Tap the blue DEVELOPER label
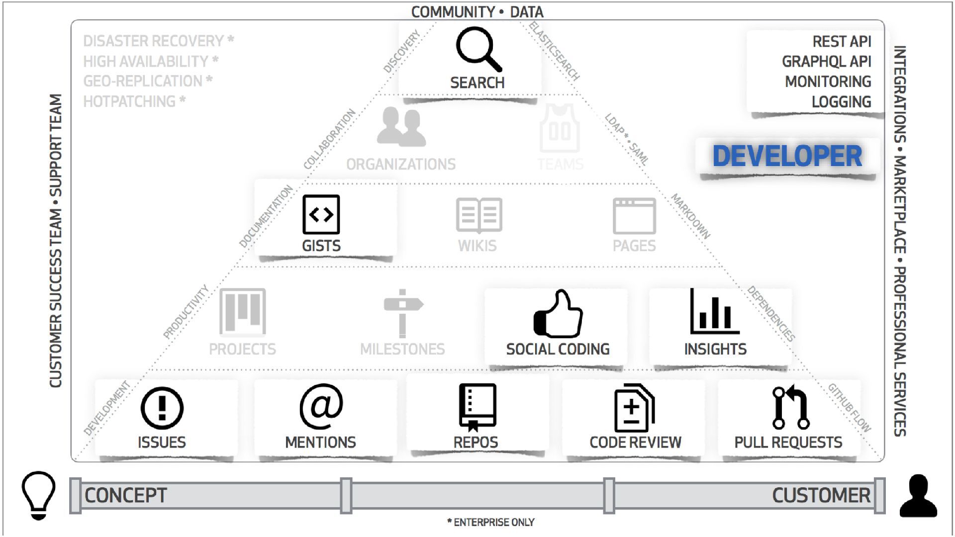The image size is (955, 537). tap(787, 156)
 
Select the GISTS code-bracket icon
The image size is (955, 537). tap(321, 214)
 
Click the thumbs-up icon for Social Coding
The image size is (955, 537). tap(558, 314)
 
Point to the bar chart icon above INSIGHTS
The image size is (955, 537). tap(715, 312)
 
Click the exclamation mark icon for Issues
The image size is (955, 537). tap(162, 408)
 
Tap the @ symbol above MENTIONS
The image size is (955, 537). tap(321, 406)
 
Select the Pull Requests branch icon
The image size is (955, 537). tap(790, 407)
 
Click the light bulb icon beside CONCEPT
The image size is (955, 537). tap(38, 495)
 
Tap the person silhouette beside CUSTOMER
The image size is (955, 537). tap(918, 496)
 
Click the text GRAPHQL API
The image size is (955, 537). tap(826, 62)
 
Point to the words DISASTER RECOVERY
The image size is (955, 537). tap(153, 41)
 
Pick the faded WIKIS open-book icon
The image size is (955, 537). tap(478, 215)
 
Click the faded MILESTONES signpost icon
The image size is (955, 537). tap(402, 313)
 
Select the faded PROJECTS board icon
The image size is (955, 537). tap(243, 312)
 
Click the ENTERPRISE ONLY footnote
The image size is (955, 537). tap(491, 522)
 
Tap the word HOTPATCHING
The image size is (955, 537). tap(129, 101)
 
